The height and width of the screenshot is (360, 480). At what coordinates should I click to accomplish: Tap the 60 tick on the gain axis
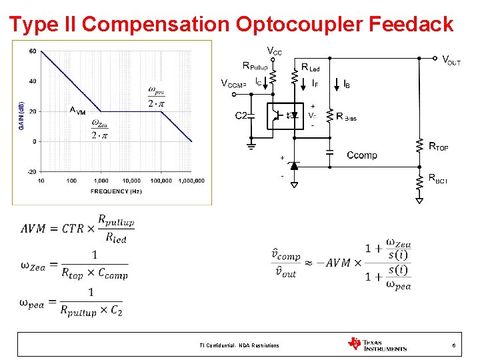pos(33,51)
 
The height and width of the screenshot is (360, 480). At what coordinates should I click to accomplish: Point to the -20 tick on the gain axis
pos(31,171)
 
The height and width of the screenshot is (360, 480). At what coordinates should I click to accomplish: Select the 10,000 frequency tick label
pos(131,181)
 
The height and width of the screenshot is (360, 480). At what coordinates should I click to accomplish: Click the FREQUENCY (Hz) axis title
pos(117,191)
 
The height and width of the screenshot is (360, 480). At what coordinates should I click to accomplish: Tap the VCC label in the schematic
pos(274,51)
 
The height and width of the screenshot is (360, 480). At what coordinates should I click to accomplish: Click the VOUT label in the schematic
pos(451,61)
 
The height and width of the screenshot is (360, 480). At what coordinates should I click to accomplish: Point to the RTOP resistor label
pos(438,147)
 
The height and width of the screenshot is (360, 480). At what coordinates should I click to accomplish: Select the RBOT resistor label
pos(438,178)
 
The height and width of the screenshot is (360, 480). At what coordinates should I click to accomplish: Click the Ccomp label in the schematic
pos(361,155)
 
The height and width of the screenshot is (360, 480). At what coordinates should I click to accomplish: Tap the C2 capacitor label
pos(241,115)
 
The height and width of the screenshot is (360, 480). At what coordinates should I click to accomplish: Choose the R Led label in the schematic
pos(310,67)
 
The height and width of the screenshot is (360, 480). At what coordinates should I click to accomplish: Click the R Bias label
pos(347,117)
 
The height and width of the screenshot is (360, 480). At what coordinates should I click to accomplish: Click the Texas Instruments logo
pos(377,344)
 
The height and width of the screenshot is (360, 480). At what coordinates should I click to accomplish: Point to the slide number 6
pos(453,345)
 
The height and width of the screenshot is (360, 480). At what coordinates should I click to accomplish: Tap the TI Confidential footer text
pos(239,345)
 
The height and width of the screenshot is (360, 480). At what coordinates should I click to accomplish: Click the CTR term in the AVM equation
pos(73,228)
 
